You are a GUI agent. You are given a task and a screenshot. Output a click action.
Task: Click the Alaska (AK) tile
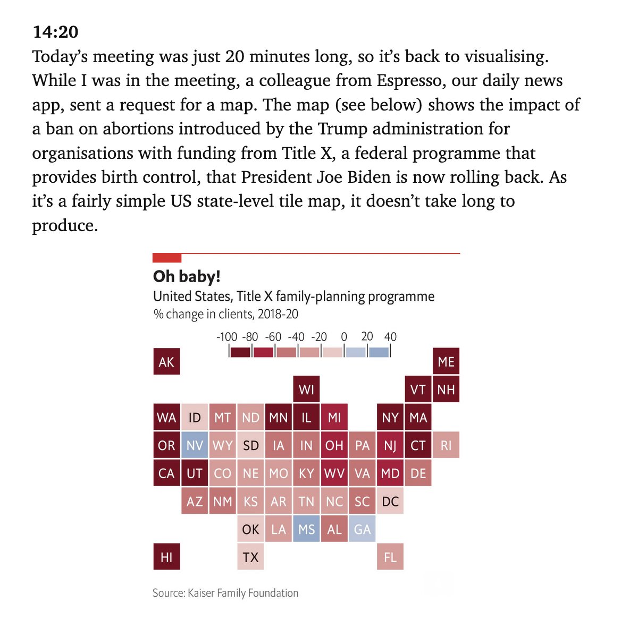click(166, 362)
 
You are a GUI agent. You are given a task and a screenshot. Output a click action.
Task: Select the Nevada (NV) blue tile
click(195, 445)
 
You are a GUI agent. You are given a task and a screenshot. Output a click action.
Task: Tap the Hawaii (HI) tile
click(166, 557)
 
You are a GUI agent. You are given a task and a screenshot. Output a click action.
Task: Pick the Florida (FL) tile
click(390, 557)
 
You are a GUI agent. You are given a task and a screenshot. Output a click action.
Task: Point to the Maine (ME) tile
click(446, 362)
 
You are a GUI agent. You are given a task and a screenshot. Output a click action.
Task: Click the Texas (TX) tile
click(250, 557)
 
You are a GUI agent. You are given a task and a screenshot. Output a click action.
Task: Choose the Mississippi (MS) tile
click(306, 529)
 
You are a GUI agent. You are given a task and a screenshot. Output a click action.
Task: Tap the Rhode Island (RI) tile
click(446, 445)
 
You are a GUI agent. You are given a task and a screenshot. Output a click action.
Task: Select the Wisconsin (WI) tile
click(306, 389)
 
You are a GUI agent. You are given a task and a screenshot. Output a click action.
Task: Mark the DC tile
click(390, 501)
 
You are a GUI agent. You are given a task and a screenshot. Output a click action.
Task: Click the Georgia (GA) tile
click(362, 529)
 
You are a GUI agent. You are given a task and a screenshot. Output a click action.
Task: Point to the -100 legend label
click(226, 337)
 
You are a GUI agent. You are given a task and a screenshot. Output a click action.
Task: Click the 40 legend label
click(390, 337)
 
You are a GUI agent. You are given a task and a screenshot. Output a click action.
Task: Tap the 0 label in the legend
click(344, 337)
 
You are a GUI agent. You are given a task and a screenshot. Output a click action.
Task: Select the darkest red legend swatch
click(240, 352)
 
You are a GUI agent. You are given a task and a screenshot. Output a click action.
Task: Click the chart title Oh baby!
click(187, 276)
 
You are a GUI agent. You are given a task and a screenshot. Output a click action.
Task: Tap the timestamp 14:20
click(55, 32)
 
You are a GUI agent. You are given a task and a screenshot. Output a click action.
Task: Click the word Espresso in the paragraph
click(411, 80)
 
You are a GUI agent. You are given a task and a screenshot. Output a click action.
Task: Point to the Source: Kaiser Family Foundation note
click(225, 593)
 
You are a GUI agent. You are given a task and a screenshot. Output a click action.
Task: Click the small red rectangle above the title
click(167, 258)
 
